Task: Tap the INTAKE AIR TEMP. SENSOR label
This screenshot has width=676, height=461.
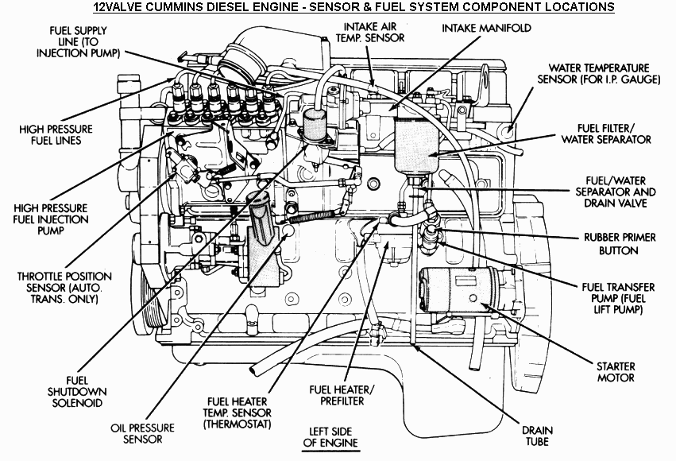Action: tap(369, 32)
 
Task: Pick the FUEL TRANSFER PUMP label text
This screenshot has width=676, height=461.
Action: tap(616, 292)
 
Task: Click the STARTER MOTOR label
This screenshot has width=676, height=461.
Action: tap(616, 372)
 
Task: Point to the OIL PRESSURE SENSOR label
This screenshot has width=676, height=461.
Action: tap(137, 432)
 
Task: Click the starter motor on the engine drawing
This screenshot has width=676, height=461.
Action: tap(454, 295)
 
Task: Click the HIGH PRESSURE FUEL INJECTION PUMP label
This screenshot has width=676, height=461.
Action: tap(53, 219)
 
